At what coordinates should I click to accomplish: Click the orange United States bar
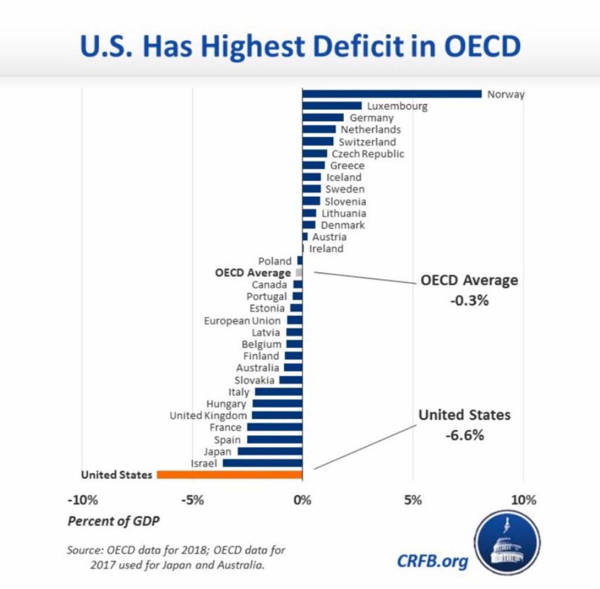(x=229, y=475)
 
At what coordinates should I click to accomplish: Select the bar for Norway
(x=391, y=94)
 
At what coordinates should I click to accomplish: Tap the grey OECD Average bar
(x=299, y=272)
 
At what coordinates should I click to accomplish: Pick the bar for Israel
(x=262, y=463)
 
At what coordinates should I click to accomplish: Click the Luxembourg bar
(x=332, y=106)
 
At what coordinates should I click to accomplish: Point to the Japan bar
(x=270, y=451)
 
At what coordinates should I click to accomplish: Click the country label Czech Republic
(x=367, y=153)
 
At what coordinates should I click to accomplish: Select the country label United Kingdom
(x=208, y=415)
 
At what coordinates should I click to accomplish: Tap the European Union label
(x=243, y=320)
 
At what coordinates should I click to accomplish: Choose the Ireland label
(x=326, y=248)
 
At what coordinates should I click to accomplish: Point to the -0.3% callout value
(x=469, y=301)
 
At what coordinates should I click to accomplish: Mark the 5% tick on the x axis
(x=413, y=501)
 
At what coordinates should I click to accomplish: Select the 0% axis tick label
(x=302, y=501)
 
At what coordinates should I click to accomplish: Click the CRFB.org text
(x=433, y=561)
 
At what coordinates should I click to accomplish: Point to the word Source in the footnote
(x=83, y=551)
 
